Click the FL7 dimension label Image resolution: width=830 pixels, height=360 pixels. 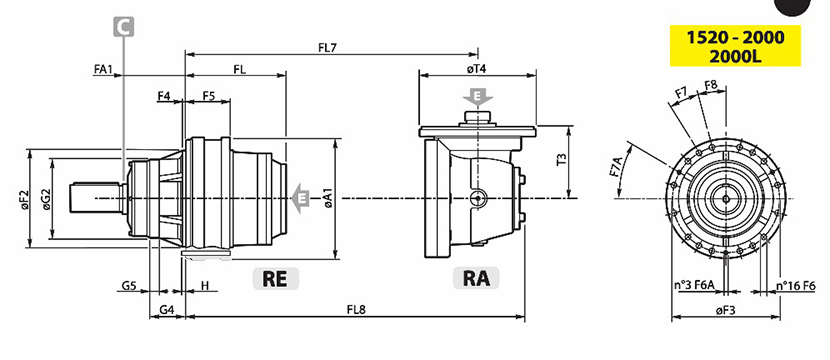click(x=328, y=48)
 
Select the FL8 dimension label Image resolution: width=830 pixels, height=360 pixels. click(x=356, y=310)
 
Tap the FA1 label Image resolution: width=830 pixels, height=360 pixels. click(x=103, y=69)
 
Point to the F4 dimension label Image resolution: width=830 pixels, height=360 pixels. click(x=164, y=96)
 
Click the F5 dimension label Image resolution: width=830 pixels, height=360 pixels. click(x=209, y=96)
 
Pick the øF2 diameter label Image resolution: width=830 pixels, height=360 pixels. click(x=25, y=199)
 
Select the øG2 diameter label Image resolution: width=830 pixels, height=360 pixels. click(x=47, y=199)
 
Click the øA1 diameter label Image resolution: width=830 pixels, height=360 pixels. click(x=329, y=197)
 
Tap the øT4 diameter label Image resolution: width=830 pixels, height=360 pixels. click(x=477, y=69)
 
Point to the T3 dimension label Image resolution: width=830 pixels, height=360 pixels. click(x=562, y=160)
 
